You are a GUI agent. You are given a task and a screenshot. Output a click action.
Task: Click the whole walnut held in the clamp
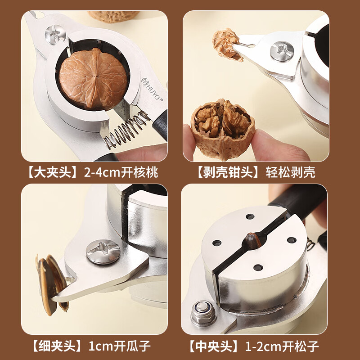click(x=93, y=79)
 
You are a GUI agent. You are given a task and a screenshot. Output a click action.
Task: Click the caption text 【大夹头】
click(x=53, y=172)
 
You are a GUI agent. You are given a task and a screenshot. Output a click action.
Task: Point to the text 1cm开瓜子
click(x=118, y=346)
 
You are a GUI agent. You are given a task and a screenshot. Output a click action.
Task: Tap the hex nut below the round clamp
click(x=204, y=312)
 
